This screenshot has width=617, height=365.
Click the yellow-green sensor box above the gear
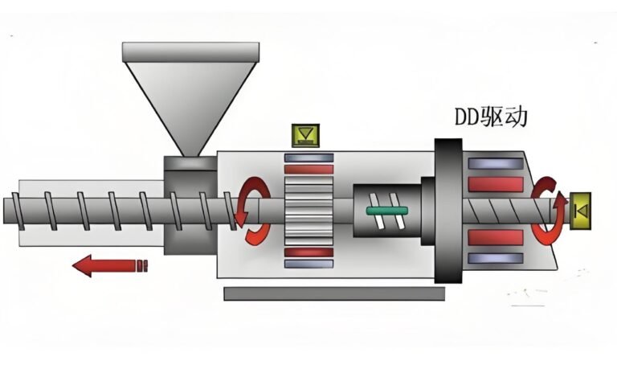[x=305, y=135]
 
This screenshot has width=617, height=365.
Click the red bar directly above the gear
[x=308, y=170]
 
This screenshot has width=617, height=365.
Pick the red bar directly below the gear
[x=308, y=252]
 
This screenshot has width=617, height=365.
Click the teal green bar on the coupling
[x=388, y=211]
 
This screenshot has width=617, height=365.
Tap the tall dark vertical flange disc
[x=447, y=211]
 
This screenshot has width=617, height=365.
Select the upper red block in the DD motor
[x=496, y=184]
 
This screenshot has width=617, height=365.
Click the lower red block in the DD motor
[x=496, y=238]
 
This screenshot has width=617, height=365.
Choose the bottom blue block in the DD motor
[x=496, y=258]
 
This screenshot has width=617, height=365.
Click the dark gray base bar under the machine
[x=333, y=293]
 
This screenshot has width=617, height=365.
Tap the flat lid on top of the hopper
[x=190, y=51]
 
